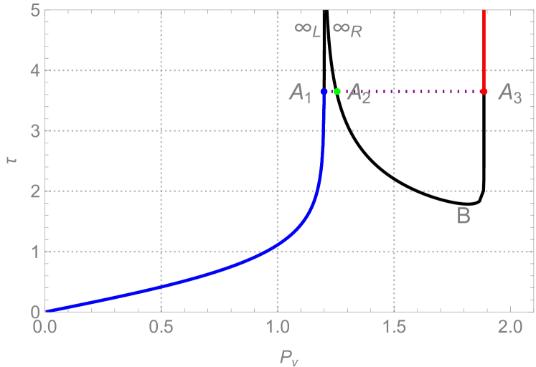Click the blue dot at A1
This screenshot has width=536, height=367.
(x=324, y=92)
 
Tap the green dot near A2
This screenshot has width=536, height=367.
(x=337, y=92)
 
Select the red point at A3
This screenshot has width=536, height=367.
(x=484, y=92)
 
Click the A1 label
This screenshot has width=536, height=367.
(x=301, y=93)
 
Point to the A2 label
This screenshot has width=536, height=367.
(x=359, y=94)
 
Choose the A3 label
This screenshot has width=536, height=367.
(x=510, y=93)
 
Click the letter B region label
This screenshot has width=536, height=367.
(x=464, y=215)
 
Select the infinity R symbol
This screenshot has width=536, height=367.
(x=347, y=30)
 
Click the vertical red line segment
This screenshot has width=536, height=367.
(x=484, y=50)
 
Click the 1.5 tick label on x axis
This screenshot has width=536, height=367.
(x=394, y=329)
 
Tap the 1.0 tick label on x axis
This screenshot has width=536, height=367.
(x=278, y=329)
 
